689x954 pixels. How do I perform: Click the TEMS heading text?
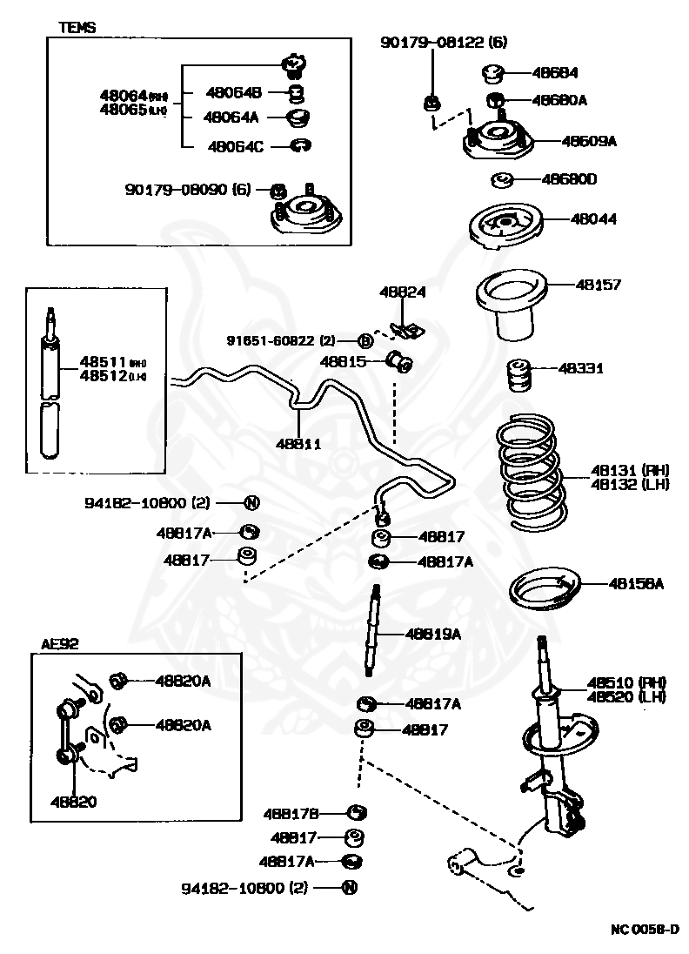(x=77, y=27)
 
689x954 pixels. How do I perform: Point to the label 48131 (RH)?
(x=616, y=470)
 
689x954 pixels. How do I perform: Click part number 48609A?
(x=589, y=140)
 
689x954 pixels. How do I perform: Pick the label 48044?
(x=593, y=219)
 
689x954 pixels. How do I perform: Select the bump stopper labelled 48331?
(x=519, y=376)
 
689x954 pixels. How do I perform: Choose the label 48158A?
(x=636, y=584)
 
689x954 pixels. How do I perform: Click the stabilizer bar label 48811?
(x=298, y=443)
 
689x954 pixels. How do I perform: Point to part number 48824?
(x=402, y=292)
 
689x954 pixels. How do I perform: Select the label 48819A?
(x=432, y=634)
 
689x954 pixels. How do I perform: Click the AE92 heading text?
(x=60, y=644)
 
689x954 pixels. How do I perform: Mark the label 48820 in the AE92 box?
(x=73, y=802)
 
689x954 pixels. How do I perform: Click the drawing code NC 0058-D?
(x=645, y=930)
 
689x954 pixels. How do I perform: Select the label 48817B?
(x=291, y=813)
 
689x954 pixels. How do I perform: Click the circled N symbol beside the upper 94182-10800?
(x=251, y=502)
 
